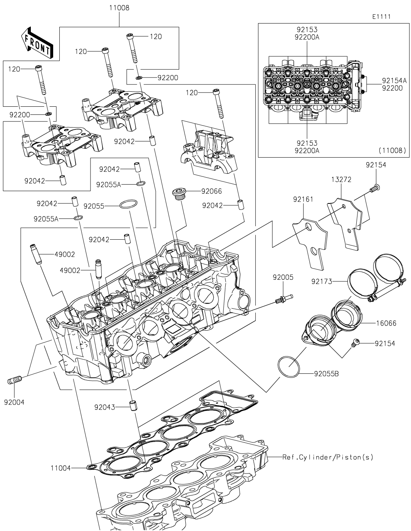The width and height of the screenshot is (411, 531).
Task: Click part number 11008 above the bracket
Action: (119, 8)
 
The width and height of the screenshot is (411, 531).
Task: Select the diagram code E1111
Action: (381, 17)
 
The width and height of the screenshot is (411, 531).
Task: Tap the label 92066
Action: (211, 191)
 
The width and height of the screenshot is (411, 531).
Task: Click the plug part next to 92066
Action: (179, 193)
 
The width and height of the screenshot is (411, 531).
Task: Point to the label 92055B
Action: (326, 373)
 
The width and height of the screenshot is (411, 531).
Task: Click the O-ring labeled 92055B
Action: (289, 368)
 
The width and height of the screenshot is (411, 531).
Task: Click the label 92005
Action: (283, 277)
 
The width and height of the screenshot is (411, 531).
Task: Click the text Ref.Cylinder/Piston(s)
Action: (328, 457)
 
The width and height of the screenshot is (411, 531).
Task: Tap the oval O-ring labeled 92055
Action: (128, 204)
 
